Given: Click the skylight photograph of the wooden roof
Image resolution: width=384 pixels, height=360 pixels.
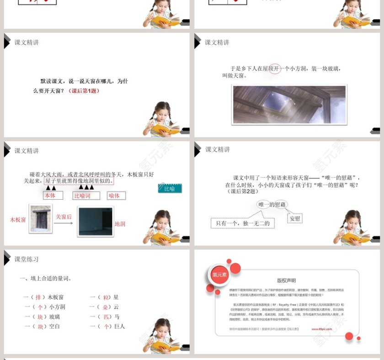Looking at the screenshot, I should [289, 104].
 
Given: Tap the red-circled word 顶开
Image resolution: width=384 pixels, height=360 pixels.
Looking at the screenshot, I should [275, 69].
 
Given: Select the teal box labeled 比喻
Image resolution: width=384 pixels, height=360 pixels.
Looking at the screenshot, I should [170, 188].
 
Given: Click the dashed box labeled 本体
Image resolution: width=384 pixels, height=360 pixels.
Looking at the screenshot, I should [53, 196].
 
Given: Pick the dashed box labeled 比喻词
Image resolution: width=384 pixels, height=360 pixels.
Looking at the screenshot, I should [87, 196].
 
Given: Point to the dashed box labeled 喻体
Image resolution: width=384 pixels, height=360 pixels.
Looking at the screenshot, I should [116, 196].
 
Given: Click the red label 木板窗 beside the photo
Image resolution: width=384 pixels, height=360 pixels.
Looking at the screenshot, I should [18, 219].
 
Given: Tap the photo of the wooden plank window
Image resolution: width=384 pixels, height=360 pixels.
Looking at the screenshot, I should [40, 219].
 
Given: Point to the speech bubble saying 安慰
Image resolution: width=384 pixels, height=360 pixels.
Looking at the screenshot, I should [295, 218].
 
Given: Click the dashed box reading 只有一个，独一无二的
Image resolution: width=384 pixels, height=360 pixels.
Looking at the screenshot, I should [243, 223].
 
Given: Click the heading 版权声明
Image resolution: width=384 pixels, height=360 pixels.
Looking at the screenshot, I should [286, 281].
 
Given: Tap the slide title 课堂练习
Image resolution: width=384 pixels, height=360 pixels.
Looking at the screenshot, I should [27, 259].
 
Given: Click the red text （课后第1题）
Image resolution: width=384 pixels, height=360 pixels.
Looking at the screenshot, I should [84, 90].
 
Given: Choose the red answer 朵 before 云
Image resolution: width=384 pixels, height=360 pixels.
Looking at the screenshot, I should [105, 307].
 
